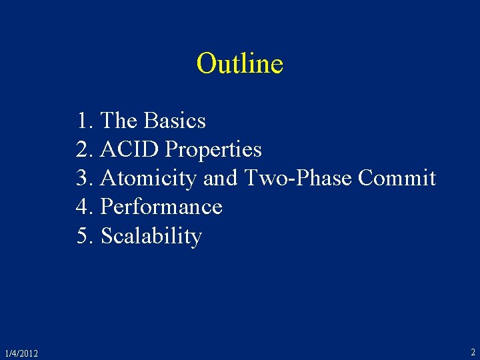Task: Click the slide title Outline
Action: [x=240, y=64]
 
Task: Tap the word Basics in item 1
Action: [x=175, y=121]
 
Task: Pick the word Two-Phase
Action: [x=298, y=179]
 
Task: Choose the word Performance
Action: [x=161, y=207]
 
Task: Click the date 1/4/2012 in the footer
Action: [x=21, y=353]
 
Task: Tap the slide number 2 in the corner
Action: [x=473, y=352]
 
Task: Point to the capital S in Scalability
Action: [x=107, y=237]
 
